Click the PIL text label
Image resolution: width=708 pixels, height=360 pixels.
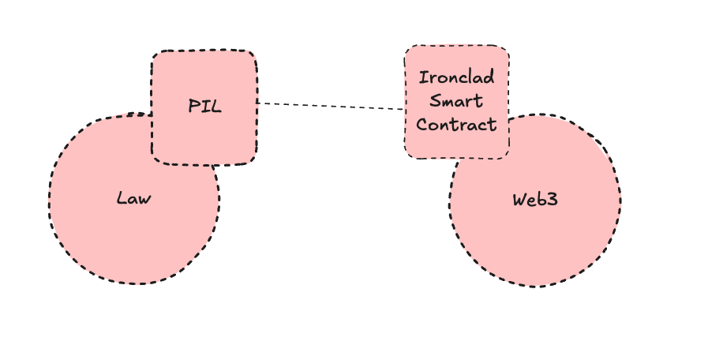204,107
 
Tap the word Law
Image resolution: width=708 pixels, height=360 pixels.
133,198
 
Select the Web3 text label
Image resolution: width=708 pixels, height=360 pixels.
535,199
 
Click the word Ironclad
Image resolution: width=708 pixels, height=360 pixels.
456,77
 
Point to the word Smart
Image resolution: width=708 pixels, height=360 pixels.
456,101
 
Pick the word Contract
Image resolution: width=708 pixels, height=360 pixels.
456,125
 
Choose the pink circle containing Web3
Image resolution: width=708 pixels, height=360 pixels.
545,237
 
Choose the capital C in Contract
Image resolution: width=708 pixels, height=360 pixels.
421,125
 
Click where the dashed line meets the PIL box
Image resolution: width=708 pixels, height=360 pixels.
257,103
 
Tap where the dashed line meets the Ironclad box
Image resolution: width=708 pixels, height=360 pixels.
405,110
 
